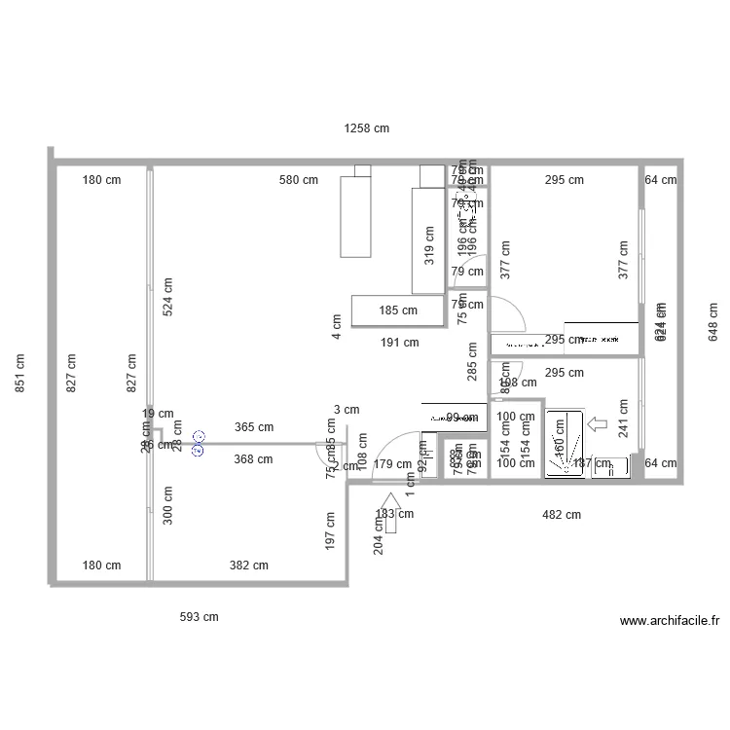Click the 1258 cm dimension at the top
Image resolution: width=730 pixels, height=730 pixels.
(366, 128)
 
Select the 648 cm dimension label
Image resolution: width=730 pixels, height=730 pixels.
(712, 322)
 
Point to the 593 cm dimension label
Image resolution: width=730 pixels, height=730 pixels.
(200, 616)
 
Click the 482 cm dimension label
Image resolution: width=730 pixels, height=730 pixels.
(561, 514)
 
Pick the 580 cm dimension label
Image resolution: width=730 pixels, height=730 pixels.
(299, 180)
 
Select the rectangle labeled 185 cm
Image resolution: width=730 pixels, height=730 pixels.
(398, 311)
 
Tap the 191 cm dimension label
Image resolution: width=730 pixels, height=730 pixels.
(399, 342)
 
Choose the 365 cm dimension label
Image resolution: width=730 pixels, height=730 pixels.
(254, 427)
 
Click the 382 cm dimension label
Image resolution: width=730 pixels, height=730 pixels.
(248, 566)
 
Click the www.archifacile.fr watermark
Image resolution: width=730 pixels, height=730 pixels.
(669, 621)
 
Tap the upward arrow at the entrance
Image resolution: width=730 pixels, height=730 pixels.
(391, 514)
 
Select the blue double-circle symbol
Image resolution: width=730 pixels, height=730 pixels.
(199, 444)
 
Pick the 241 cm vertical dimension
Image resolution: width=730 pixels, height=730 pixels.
(623, 420)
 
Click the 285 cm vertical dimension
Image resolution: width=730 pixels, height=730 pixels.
(472, 360)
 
